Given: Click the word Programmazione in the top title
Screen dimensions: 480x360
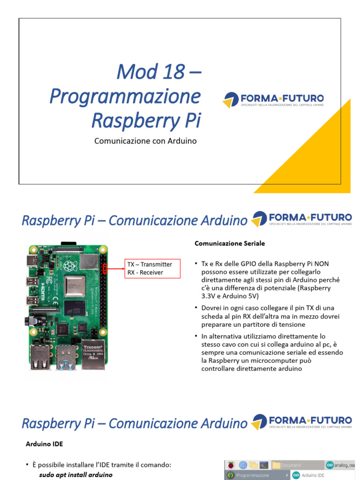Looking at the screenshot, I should tap(125, 96).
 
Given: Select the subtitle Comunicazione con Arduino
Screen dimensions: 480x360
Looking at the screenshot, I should tap(145, 141).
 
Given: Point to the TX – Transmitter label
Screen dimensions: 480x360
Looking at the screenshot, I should tap(150, 264).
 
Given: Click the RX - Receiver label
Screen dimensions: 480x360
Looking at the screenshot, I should tap(145, 272).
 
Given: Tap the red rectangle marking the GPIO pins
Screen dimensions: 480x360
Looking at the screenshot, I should tap(105, 269).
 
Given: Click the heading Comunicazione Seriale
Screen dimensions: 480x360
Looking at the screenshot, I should tap(230, 244).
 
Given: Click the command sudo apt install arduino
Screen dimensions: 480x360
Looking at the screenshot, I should tap(76, 474).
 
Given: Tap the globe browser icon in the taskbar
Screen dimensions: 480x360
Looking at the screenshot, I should tap(243, 465).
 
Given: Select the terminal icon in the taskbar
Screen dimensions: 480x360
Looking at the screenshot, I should tap(264, 465).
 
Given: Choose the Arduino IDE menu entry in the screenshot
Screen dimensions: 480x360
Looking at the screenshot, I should tap(314, 475).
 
